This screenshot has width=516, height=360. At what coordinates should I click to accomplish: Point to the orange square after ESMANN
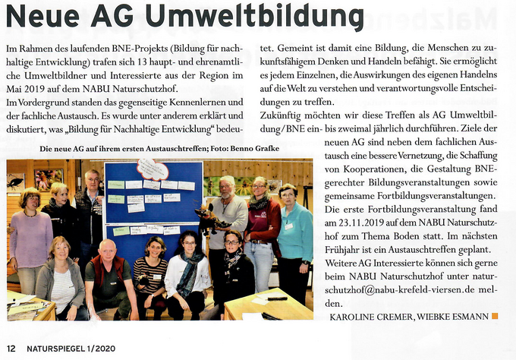click(496, 314)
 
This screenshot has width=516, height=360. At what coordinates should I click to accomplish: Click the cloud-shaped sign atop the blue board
click(153, 169)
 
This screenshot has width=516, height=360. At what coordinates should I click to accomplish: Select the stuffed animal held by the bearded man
click(211, 220)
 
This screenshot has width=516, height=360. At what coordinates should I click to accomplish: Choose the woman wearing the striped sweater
click(151, 273)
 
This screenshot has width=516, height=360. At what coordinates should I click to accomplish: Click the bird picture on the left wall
click(15, 182)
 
